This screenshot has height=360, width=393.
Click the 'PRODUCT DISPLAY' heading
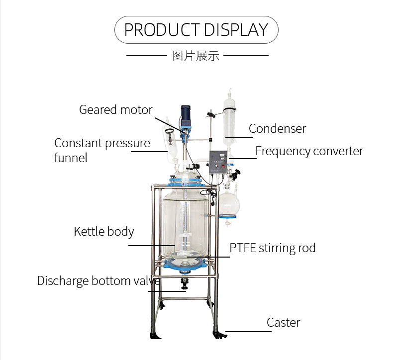196,30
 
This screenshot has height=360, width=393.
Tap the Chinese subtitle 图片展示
196,55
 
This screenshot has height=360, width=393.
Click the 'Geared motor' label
115,109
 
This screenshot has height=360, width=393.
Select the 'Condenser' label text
277,128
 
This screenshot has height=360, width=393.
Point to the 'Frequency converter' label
309,151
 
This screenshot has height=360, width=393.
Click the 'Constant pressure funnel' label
102,150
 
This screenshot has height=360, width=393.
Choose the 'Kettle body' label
104,231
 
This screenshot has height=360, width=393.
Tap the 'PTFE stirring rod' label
272,248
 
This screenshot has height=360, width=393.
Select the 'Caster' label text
283,322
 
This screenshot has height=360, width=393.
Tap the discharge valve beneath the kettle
185,283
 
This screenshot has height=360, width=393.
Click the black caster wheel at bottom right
217,333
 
